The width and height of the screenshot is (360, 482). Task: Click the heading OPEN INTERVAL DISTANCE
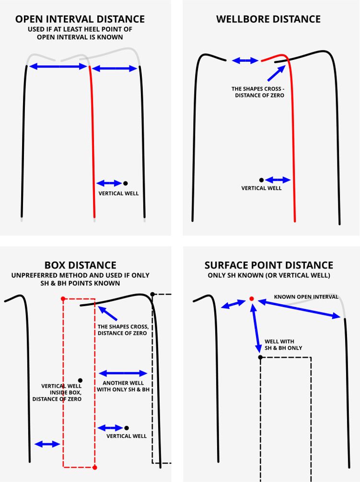coord(80,19)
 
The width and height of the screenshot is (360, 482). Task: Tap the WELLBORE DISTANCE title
coord(268,19)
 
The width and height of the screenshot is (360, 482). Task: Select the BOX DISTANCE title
coord(80,265)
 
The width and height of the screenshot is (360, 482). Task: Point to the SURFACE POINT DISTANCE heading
coord(269,265)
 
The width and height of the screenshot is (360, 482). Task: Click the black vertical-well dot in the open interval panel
coord(125,184)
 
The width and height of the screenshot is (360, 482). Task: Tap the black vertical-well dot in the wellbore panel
coord(261,180)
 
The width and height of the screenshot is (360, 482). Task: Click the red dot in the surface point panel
coord(252,299)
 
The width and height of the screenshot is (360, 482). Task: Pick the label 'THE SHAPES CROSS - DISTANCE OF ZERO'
coord(258,92)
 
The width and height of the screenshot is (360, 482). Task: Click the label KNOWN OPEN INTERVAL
coord(306,297)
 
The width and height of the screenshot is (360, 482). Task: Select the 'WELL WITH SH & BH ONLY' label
coord(283,344)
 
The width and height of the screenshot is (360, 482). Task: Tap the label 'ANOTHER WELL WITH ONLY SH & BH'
coord(123,386)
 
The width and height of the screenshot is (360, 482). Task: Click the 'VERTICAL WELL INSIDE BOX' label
coord(57,392)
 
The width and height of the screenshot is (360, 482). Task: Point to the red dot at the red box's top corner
coord(63,299)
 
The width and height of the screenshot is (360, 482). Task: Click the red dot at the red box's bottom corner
coord(95,468)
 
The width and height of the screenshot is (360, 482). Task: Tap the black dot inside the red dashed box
coord(80,380)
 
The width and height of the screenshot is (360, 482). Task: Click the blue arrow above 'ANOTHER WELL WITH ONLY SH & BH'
coord(123,374)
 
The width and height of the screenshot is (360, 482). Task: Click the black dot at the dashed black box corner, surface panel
coord(260,357)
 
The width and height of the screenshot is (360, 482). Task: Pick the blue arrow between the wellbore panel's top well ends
coord(245,60)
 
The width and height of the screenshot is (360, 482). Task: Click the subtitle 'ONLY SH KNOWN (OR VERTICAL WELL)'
coord(269,275)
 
